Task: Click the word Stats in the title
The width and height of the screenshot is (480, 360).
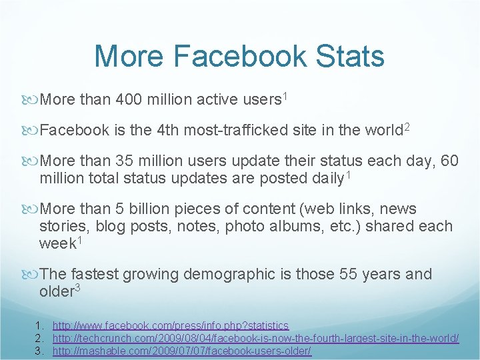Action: pyautogui.click(x=348, y=56)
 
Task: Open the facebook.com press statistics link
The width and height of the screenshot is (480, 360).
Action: pyautogui.click(x=171, y=325)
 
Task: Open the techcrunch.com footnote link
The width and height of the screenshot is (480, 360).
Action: pyautogui.click(x=255, y=339)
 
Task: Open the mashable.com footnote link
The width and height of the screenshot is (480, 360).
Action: pyautogui.click(x=181, y=351)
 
